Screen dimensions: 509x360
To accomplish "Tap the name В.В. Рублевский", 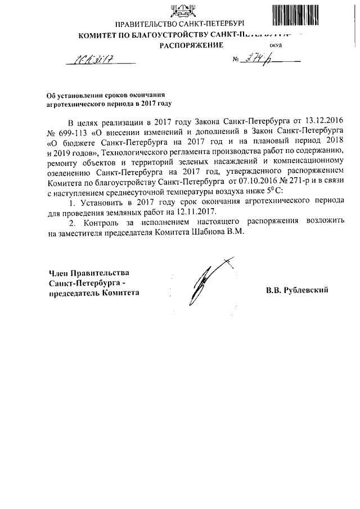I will coord(296,291).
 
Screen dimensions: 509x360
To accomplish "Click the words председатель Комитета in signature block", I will coord(93,293).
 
